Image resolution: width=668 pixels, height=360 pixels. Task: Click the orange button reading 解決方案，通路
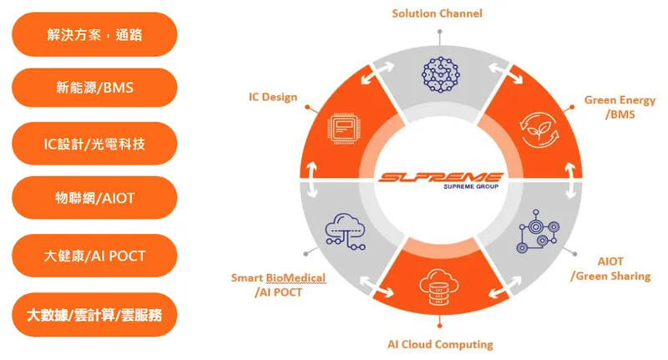click(94, 34)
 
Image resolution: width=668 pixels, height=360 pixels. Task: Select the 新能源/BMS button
click(94, 88)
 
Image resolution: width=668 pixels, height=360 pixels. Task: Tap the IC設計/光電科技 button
click(94, 144)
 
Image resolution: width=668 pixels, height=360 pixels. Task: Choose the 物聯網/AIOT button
click(94, 198)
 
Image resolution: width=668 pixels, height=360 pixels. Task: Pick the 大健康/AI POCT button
click(94, 256)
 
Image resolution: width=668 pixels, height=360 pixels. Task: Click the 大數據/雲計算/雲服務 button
click(94, 315)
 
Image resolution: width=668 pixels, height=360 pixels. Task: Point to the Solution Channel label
click(437, 13)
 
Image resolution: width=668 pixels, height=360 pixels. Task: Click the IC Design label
click(273, 97)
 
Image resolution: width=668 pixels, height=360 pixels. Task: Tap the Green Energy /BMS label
click(620, 108)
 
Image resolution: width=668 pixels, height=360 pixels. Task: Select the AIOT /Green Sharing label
click(611, 269)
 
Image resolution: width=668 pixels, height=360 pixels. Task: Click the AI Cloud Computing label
click(440, 344)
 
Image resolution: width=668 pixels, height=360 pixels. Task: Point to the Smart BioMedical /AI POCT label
click(278, 285)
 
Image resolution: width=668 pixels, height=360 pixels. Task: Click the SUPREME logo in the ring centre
click(441, 180)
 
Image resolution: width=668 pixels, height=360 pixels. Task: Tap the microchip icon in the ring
click(344, 129)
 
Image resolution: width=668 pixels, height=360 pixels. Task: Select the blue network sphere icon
click(441, 74)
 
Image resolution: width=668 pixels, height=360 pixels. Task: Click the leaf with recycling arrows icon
click(539, 130)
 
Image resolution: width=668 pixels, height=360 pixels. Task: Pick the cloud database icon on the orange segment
click(438, 286)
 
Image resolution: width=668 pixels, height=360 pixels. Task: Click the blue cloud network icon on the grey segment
click(345, 231)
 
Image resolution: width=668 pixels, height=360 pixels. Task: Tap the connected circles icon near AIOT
click(538, 231)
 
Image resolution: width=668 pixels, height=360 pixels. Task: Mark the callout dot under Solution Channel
click(440, 32)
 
